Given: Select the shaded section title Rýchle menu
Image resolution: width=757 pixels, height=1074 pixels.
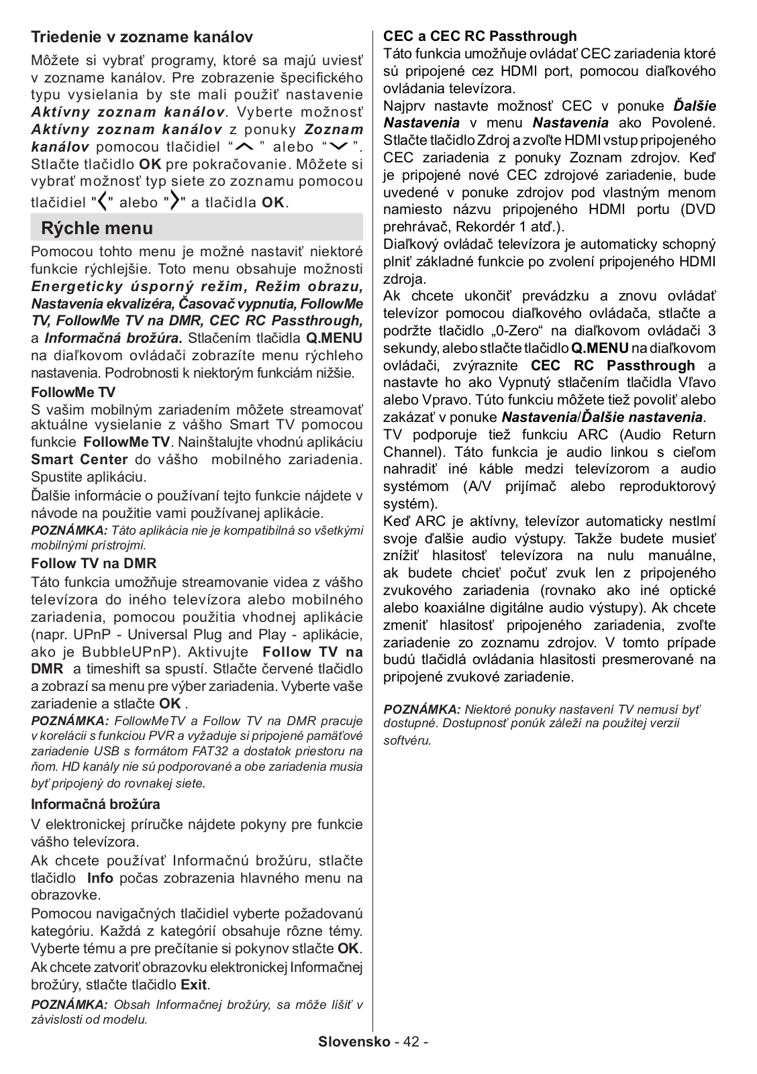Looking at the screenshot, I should click(97, 228).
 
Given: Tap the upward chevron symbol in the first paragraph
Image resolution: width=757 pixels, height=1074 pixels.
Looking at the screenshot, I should click(246, 147).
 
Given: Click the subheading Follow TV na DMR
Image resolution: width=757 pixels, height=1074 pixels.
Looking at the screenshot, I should click(94, 563).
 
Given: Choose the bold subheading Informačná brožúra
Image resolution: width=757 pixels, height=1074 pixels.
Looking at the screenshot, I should click(96, 804).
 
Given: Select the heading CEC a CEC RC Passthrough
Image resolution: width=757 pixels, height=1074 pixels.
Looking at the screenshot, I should click(480, 36).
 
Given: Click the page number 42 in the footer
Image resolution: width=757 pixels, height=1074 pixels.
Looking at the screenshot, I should click(412, 1042).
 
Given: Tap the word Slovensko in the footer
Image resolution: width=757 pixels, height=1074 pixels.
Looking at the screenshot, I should click(354, 1042).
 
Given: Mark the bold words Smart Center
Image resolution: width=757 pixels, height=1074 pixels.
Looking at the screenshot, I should click(79, 460).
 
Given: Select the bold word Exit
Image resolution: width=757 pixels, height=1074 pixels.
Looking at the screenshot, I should click(194, 985).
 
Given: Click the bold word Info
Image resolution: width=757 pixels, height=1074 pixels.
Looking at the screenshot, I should click(100, 878).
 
